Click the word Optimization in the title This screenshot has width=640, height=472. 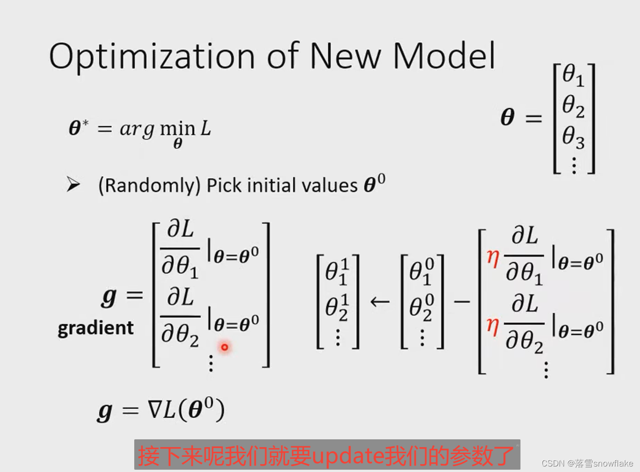[152, 57]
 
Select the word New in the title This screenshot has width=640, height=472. [346, 56]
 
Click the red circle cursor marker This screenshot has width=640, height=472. [224, 347]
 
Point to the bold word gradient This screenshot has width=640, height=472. [96, 328]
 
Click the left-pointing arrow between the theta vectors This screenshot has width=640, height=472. [380, 302]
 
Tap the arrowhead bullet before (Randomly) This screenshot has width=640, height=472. [73, 184]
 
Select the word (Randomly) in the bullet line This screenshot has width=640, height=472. [149, 186]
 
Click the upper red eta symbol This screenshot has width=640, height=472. [493, 258]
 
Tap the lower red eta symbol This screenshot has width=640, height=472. [493, 327]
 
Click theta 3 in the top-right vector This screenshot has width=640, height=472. [573, 138]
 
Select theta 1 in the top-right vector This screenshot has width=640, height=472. [573, 75]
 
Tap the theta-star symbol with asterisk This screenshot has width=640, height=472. [79, 127]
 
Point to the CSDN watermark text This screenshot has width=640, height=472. [587, 463]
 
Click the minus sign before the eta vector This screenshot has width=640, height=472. [462, 302]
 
